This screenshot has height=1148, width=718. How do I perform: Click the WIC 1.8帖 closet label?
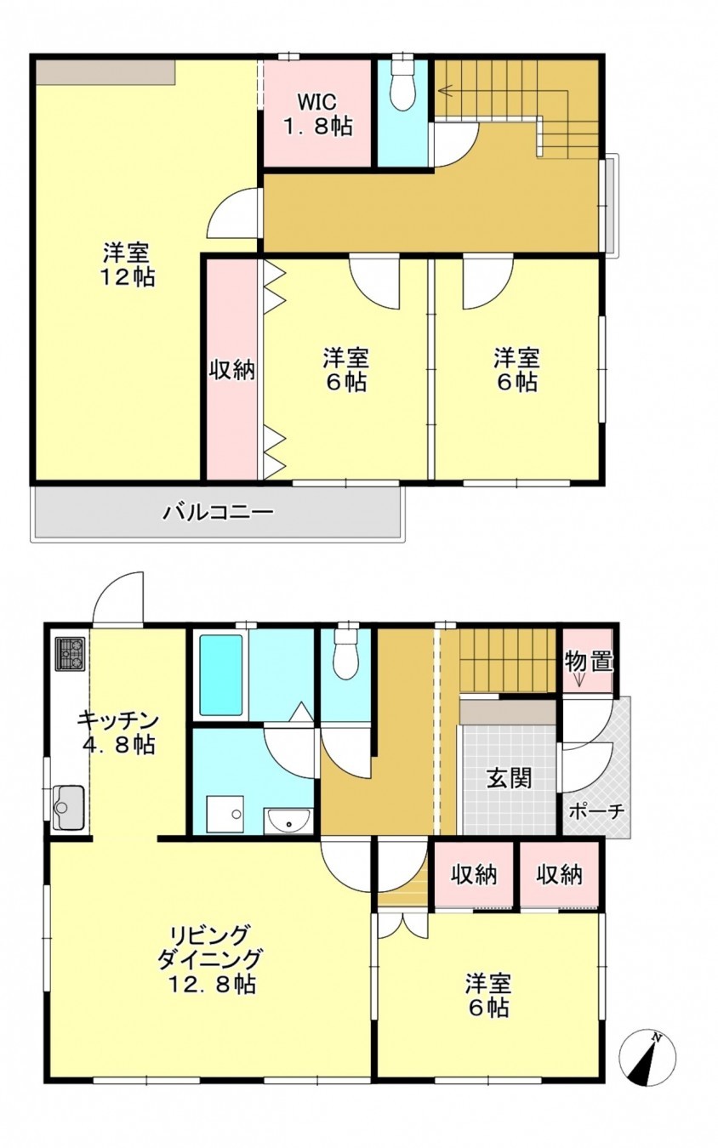[317, 114]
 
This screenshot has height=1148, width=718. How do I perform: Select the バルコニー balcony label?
[218, 513]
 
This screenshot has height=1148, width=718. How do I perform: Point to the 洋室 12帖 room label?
[128, 264]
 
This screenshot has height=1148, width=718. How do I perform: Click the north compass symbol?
[648, 1058]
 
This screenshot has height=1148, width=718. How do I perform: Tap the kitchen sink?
[68, 806]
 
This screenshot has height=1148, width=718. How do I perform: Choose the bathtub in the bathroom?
[220, 675]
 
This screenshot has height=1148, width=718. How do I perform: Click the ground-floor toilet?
[346, 655]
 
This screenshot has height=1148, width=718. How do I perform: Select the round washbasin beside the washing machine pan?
[289, 821]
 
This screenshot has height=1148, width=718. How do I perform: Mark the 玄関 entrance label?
[510, 777]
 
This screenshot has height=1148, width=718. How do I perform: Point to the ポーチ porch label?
[595, 810]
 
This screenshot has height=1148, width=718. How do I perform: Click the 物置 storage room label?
[589, 661]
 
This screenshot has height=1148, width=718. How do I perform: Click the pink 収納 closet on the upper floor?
[232, 371]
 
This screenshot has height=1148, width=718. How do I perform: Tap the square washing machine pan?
[225, 814]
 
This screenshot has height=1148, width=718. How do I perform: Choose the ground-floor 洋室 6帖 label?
[487, 996]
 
